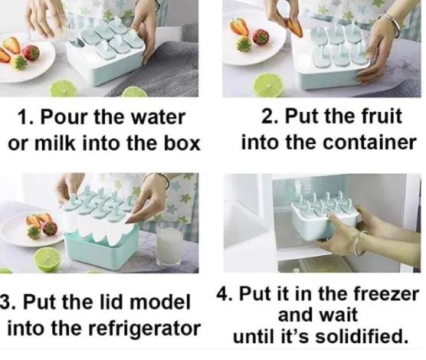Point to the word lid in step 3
coord(114,302)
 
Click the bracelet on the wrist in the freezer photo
coord(361,243)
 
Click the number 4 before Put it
coord(222,293)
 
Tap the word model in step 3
coord(159,302)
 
